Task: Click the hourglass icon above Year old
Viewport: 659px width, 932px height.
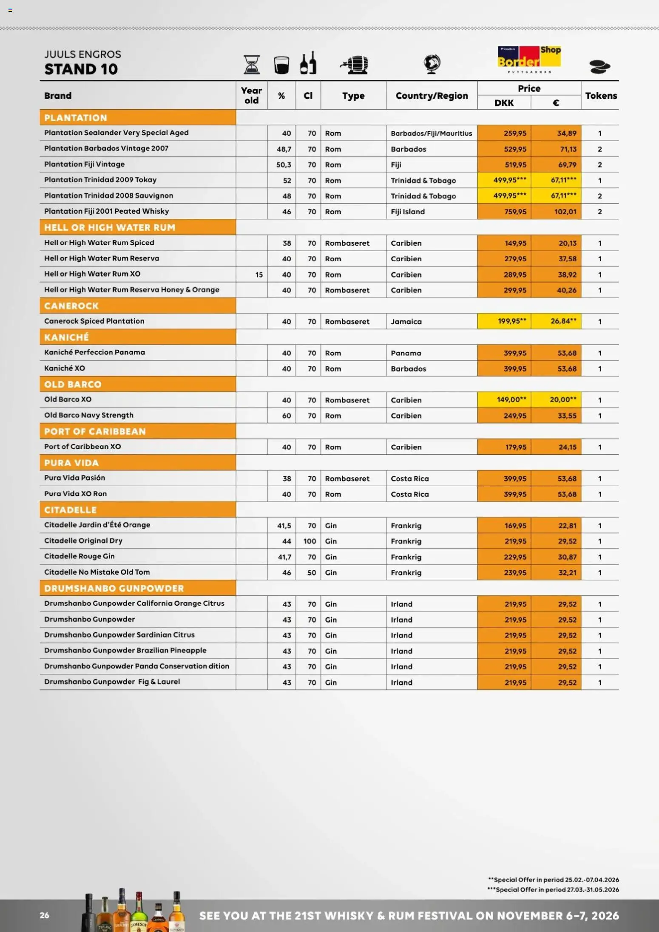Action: (252, 65)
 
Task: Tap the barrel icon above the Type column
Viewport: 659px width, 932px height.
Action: (355, 65)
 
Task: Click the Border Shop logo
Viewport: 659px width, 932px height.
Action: (529, 59)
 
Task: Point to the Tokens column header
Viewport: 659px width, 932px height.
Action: (601, 96)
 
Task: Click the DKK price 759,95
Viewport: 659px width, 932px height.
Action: (515, 212)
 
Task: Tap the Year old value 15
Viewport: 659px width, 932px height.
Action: (258, 275)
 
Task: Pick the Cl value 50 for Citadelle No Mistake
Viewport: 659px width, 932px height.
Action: (311, 572)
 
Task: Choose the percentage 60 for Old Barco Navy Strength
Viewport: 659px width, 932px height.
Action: (286, 416)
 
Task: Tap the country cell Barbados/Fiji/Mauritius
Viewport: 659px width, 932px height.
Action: (431, 133)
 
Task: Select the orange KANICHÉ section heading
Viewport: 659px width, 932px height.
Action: (138, 337)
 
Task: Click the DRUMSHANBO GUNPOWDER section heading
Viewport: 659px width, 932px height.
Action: (138, 588)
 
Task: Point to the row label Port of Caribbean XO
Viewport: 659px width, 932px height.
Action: (82, 447)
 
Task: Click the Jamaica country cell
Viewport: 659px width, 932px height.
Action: (406, 322)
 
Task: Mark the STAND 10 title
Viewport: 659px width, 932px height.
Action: (81, 69)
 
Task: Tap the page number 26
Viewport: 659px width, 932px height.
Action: (44, 915)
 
